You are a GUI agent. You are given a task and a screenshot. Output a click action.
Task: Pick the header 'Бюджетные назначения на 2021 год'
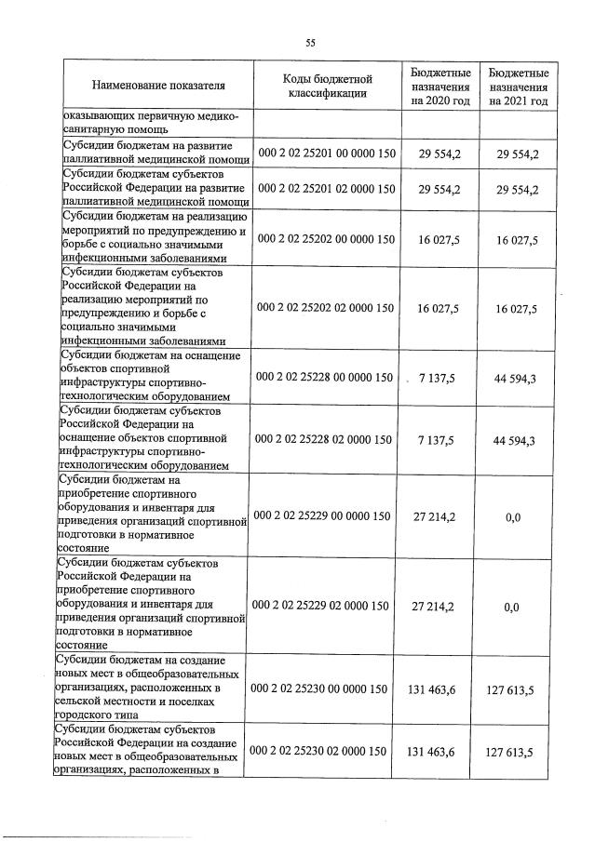[519, 86]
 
